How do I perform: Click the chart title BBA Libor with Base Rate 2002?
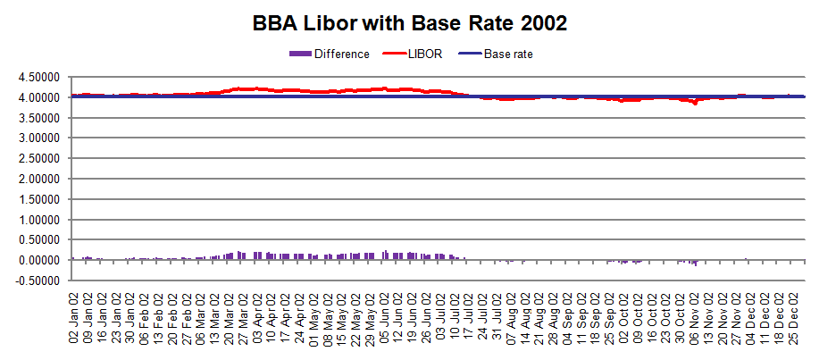(x=408, y=23)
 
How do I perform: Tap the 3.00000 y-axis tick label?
(x=36, y=138)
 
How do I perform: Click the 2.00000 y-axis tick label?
(x=36, y=179)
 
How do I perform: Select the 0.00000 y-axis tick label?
(x=36, y=260)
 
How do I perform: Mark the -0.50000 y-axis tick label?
(x=34, y=280)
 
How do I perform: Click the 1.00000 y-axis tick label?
(x=36, y=219)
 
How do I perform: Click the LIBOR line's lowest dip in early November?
(x=694, y=103)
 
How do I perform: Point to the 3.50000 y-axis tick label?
(x=36, y=118)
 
